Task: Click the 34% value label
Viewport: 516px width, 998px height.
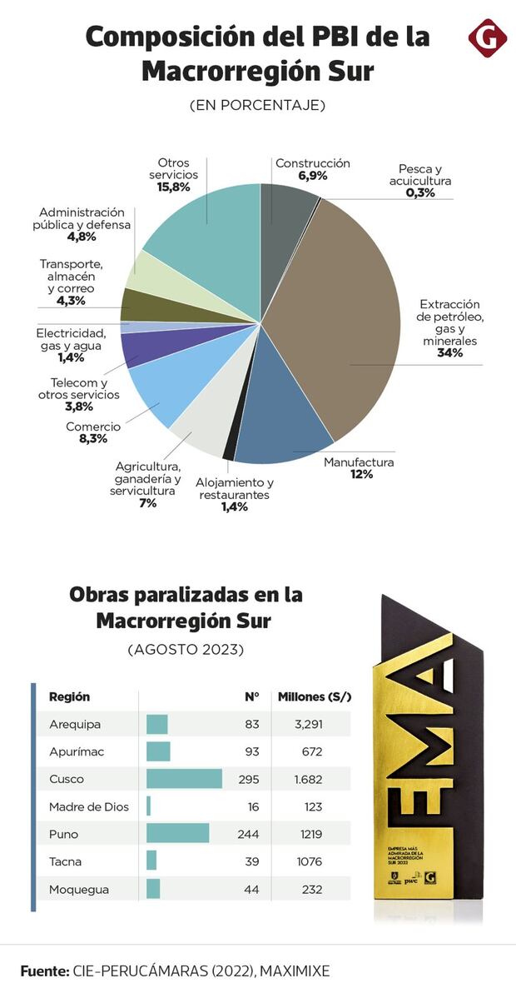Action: coord(449,353)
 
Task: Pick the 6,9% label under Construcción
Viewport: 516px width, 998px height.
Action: coord(313,177)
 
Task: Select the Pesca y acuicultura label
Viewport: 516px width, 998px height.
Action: coord(420,174)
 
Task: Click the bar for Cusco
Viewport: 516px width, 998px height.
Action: coord(184,779)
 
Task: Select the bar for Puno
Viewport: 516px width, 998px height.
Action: coord(177,834)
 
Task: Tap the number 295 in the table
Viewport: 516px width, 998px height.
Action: coord(248,779)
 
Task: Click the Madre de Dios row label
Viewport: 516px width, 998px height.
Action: coord(89,806)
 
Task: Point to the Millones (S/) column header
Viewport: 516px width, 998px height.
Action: coord(314,696)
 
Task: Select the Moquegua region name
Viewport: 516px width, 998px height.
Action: coord(79,889)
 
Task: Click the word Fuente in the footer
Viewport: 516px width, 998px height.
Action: coord(44,971)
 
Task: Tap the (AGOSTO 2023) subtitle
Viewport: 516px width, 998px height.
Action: coord(186,649)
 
